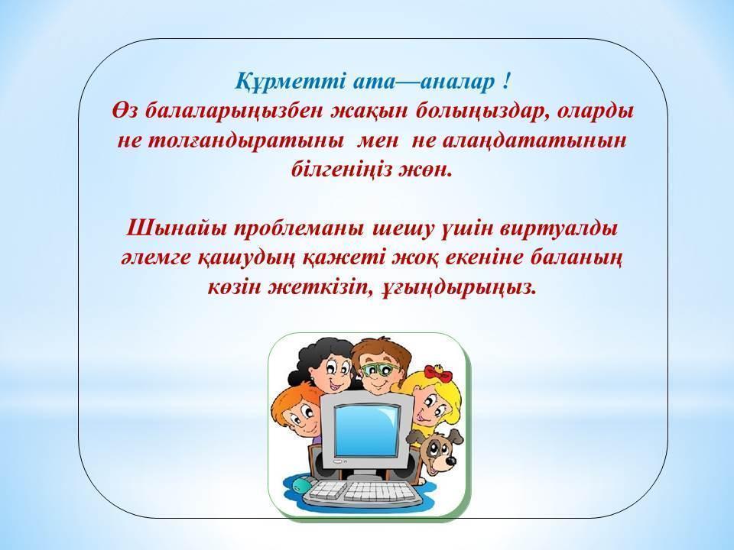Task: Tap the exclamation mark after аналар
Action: [506, 82]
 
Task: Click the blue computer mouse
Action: [300, 486]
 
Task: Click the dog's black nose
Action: [449, 461]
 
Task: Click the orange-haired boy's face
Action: [299, 416]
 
